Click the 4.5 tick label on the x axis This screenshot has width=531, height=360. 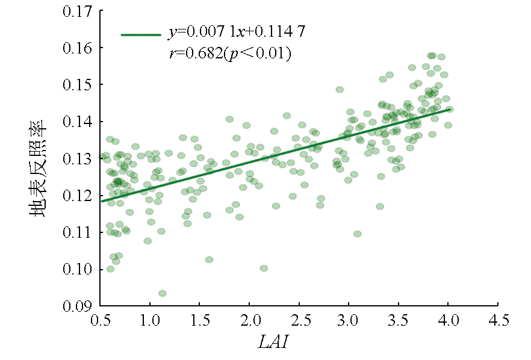pos(498,318)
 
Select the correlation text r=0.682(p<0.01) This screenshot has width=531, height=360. pos(230,54)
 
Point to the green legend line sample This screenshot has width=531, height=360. pos(141,35)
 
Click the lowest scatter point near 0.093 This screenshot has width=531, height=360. pos(163,293)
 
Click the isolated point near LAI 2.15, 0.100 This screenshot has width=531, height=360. pos(264,268)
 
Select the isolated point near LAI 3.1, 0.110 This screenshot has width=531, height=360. pos(358,234)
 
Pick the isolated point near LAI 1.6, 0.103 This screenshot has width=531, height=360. pos(209,259)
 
